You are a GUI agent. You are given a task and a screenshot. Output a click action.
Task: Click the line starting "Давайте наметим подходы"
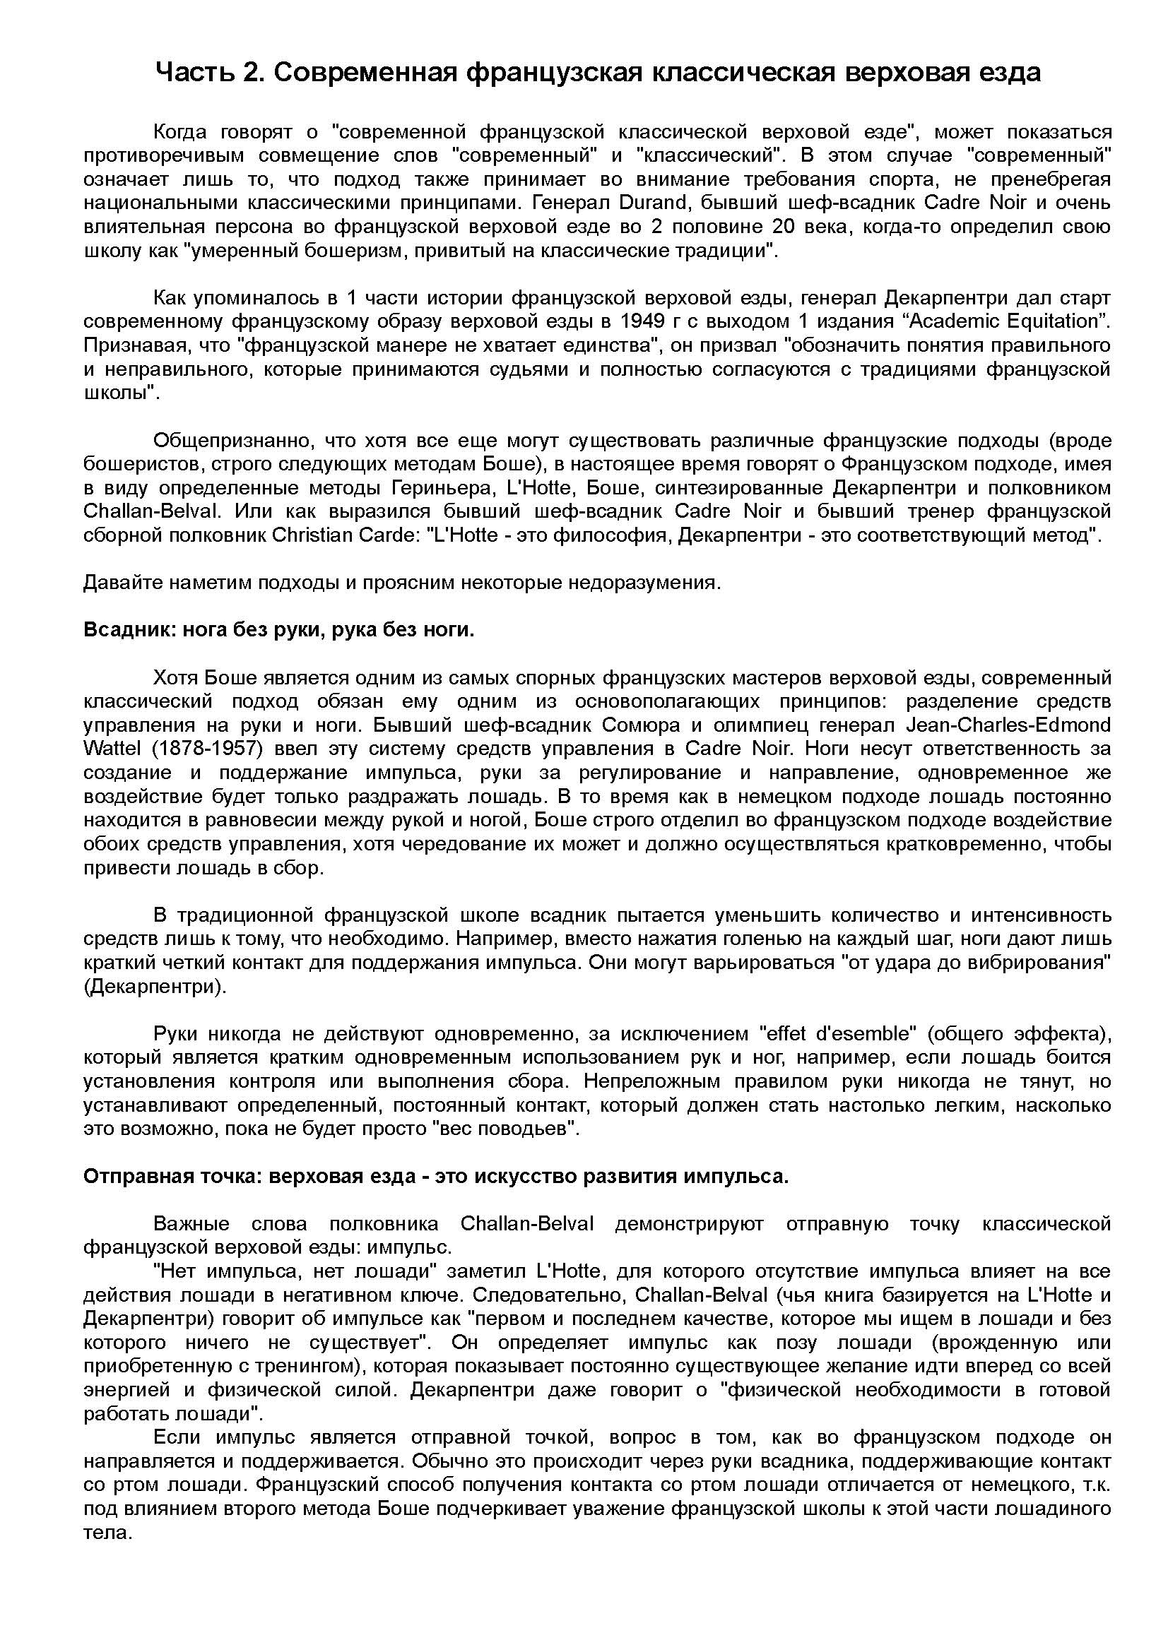[x=401, y=583]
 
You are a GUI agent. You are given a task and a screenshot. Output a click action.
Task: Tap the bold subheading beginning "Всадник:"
[x=279, y=630]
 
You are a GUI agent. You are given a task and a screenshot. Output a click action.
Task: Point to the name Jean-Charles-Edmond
[x=1008, y=725]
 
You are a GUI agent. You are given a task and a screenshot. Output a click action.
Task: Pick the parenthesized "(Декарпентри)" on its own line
[x=155, y=987]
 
